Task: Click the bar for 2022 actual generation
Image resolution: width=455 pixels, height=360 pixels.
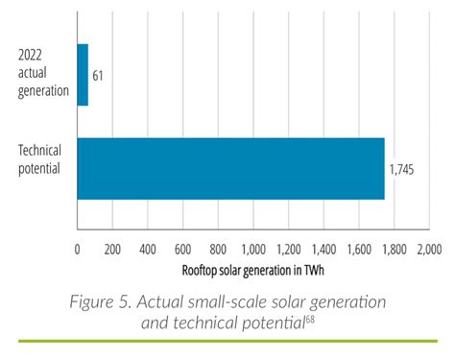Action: pos(83,75)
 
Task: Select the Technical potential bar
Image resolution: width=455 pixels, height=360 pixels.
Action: pos(230,169)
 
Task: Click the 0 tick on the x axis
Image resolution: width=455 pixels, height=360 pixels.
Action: pos(78,249)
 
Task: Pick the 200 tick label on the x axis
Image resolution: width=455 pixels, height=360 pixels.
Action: pos(112,249)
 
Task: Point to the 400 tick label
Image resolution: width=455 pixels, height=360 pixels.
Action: pos(148,249)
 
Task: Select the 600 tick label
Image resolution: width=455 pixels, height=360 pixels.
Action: pos(182,249)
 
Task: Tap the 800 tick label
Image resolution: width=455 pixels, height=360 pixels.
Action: pos(218,249)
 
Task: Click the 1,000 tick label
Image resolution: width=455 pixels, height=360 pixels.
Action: pos(253,249)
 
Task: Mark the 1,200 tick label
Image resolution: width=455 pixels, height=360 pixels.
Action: pos(288,249)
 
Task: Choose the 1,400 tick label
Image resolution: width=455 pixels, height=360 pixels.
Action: pos(323,249)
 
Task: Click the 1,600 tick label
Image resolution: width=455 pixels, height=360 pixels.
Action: pos(358,249)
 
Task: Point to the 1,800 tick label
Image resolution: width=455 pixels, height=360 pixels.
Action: pos(394,249)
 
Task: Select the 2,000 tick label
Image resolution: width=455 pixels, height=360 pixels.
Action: pos(428,249)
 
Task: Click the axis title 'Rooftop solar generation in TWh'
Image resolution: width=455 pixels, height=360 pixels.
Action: pos(253,270)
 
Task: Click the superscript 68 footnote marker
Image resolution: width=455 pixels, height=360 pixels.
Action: pos(310,318)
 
